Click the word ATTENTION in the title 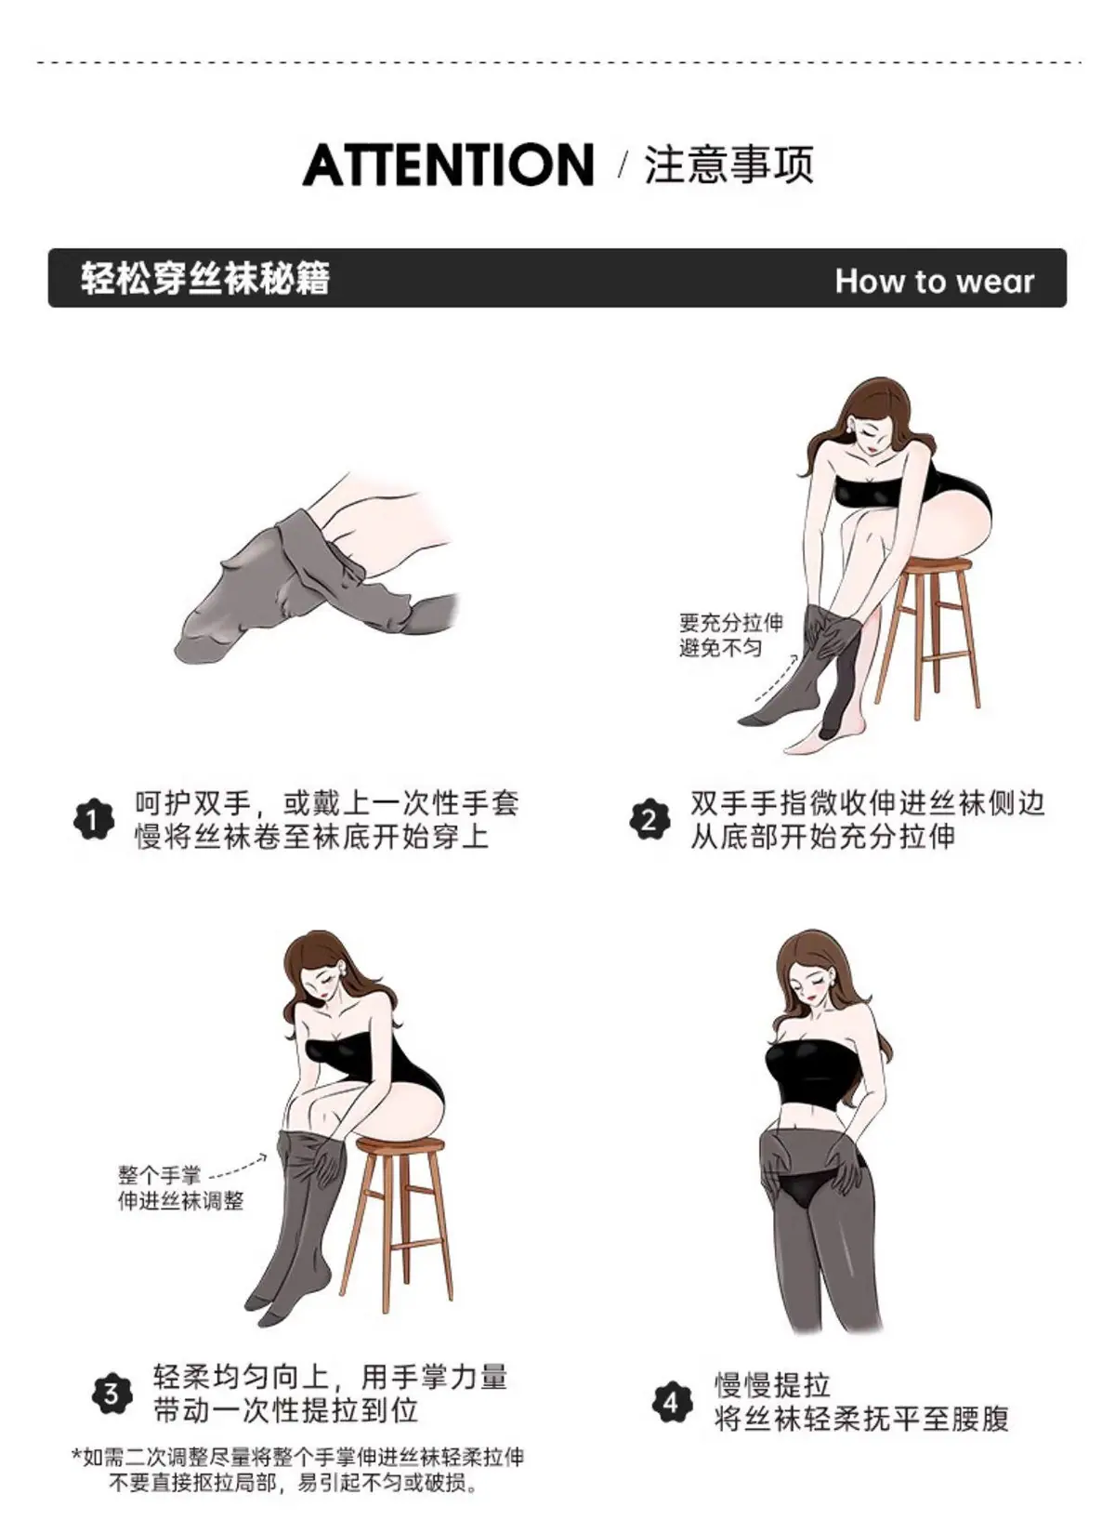point(448,165)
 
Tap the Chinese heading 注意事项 point(729,165)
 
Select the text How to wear point(935,281)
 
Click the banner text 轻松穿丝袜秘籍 point(205,279)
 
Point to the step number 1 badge point(94,820)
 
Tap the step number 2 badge point(649,820)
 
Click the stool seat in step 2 point(936,564)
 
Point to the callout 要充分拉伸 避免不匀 point(731,634)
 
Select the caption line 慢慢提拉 point(772,1385)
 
